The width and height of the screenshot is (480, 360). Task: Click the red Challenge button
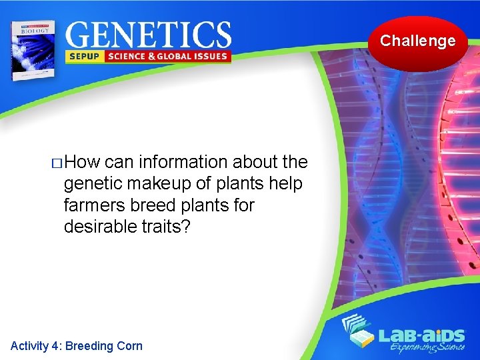(x=418, y=42)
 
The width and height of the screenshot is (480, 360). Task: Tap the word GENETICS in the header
(x=149, y=34)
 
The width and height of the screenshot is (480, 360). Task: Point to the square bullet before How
(x=57, y=163)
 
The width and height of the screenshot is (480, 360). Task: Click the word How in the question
(x=83, y=162)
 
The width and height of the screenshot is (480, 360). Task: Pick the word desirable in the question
(x=101, y=226)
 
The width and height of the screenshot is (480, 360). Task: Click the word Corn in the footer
(x=129, y=345)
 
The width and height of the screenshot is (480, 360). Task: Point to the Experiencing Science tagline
(x=423, y=347)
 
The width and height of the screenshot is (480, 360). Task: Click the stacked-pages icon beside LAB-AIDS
(x=361, y=333)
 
